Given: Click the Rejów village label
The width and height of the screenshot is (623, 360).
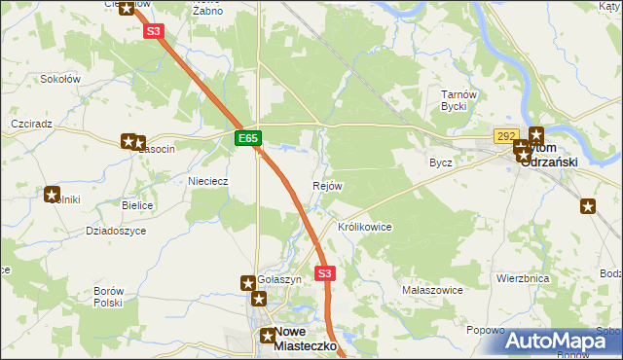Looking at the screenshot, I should coord(327,186).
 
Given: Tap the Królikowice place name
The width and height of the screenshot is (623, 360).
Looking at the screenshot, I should coord(364,227).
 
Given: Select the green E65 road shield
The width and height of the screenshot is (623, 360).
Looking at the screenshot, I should coord(248,139).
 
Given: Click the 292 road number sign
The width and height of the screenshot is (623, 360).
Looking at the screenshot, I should coord(504,136).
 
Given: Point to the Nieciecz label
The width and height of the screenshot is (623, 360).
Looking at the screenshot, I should coord(207,181).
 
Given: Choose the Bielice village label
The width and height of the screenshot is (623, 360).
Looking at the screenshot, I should coord(139,206).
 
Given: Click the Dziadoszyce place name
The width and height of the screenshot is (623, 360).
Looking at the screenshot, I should coord(116,231).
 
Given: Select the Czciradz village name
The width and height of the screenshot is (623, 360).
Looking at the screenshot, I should coord(30,126).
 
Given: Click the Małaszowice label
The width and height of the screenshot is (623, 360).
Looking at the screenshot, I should coord(431,290).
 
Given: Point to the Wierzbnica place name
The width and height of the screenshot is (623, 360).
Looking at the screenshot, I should coord(523,278).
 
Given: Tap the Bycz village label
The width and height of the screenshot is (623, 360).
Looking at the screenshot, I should coord(441,162).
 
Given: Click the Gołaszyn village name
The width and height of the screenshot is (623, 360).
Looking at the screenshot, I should coord(279,279).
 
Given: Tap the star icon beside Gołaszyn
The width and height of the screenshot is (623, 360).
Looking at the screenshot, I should coord(248,283).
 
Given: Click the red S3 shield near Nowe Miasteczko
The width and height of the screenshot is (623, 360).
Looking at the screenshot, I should coord(325,274).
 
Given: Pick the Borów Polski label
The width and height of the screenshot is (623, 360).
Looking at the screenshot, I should coord(107,297).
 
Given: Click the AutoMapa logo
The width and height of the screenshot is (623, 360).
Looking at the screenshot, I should coord(563,340).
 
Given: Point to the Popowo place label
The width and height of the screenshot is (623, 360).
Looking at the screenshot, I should coord(485,331).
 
